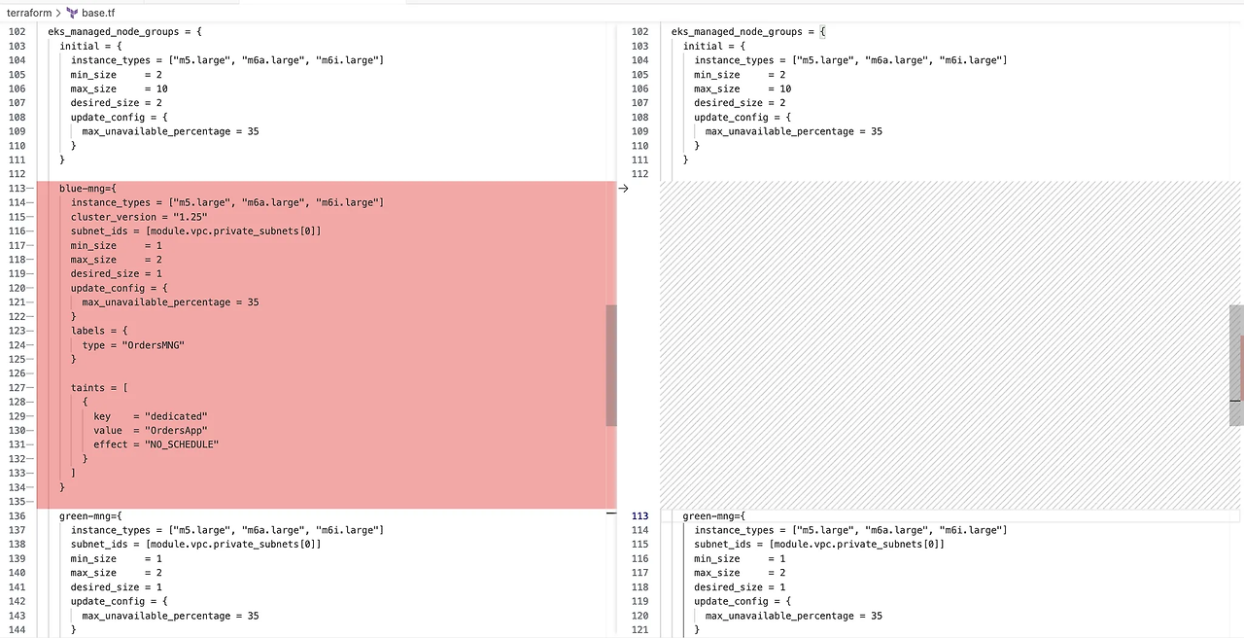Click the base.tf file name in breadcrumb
point(98,13)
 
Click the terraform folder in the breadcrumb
point(29,13)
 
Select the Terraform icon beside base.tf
point(73,13)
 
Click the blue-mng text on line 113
point(84,189)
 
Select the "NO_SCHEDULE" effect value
point(182,444)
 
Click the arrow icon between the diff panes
point(623,189)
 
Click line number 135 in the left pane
point(17,502)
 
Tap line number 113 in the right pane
point(639,516)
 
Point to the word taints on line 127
point(87,388)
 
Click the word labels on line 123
point(87,331)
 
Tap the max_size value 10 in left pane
point(162,89)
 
